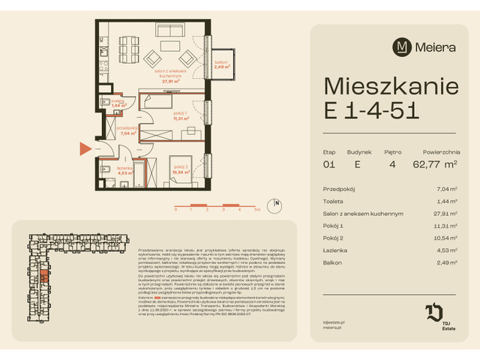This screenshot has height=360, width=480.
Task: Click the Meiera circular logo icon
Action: tap(403, 46)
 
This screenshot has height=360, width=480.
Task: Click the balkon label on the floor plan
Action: tap(220, 64)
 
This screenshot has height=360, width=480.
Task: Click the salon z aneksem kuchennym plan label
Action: tap(172, 75)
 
